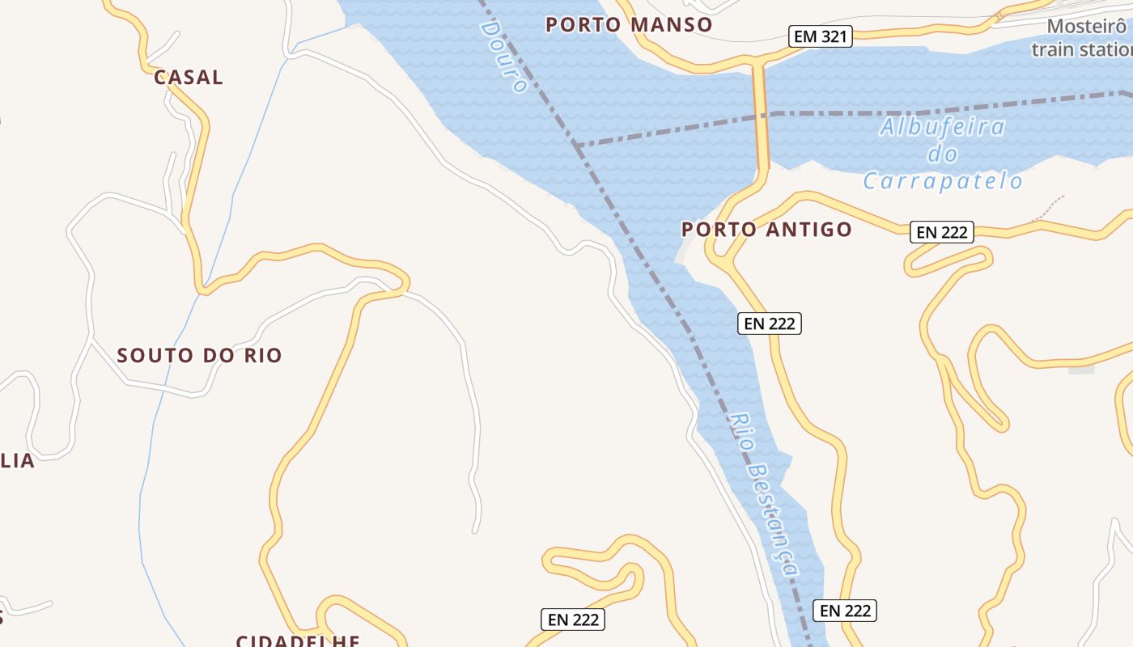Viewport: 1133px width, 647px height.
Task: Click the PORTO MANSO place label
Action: [629, 24]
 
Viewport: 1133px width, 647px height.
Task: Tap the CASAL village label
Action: [188, 78]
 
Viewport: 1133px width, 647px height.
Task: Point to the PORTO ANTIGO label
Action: [766, 229]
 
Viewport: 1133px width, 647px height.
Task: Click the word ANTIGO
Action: [809, 229]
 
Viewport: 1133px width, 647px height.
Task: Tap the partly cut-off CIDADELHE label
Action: [298, 641]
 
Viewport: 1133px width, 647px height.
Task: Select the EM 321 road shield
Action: [821, 36]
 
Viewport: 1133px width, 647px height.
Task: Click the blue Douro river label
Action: [503, 57]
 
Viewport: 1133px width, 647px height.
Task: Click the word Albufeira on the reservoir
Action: [942, 127]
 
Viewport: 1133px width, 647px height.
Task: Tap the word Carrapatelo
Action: [943, 180]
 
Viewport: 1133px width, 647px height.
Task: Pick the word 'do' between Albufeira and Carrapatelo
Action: [943, 154]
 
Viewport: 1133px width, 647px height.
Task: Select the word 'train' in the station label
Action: [1053, 49]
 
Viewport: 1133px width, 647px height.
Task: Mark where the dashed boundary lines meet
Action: [576, 146]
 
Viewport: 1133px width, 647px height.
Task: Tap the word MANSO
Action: [671, 24]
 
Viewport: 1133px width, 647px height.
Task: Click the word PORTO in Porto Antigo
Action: [711, 229]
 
